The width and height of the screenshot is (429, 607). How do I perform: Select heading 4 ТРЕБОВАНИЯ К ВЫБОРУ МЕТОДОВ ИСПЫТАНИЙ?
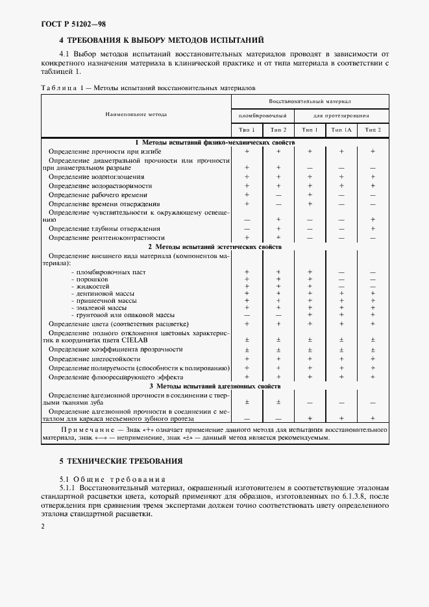[161, 40]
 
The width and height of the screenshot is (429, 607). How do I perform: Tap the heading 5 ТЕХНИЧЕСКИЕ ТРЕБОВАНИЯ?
[121, 461]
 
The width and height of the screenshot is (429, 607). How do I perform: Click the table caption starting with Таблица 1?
[148, 87]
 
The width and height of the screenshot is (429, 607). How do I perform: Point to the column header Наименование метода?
[136, 114]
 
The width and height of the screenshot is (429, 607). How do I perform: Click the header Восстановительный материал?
[310, 102]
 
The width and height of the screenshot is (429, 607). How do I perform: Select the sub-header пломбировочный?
[262, 115]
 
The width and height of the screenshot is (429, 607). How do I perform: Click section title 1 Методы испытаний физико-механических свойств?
[215, 141]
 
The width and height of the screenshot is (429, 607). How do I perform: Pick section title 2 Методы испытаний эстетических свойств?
[215, 247]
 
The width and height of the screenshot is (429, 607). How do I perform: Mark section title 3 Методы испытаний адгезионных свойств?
[215, 386]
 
